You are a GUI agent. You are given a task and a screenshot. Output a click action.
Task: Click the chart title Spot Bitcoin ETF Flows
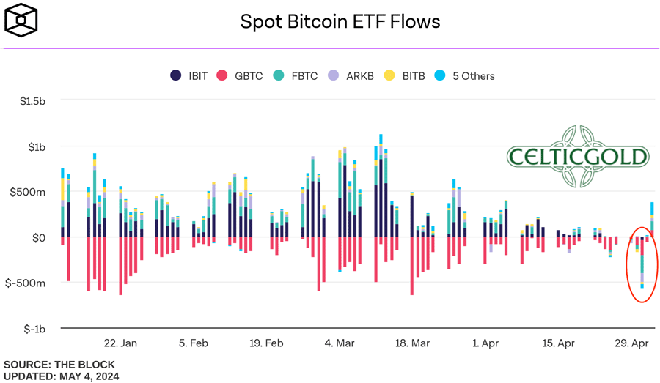coord(340,21)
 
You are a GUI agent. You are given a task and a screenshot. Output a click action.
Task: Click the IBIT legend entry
coord(189,75)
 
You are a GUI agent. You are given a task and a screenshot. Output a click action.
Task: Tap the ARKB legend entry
coord(351,75)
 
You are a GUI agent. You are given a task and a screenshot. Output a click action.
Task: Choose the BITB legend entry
coord(404,75)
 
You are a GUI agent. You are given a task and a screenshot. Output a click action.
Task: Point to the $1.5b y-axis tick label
coord(32,101)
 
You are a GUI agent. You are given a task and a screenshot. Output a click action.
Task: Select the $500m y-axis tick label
coord(30,192)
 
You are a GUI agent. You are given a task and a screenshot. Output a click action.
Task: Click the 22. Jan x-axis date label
coord(120,343)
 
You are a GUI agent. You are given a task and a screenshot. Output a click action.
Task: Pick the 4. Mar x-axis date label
coord(340,343)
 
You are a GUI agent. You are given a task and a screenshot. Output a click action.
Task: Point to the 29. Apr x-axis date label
coord(631,343)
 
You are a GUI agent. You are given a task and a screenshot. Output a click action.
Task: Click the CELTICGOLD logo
coord(578,155)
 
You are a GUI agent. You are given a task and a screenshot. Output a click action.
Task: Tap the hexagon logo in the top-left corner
coord(21,20)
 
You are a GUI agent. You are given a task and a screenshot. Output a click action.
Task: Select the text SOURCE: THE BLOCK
coord(59,364)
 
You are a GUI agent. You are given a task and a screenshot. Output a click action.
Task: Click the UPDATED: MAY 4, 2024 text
coord(61,376)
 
